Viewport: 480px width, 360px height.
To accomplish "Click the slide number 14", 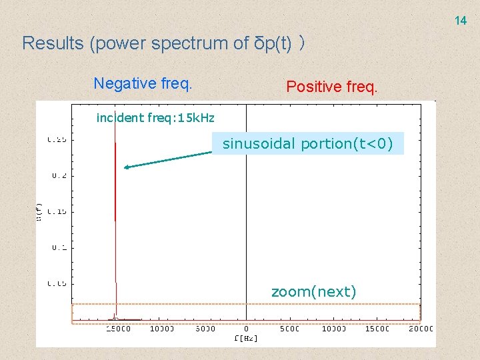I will [x=461, y=21].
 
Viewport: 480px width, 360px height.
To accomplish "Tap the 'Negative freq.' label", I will [x=143, y=83].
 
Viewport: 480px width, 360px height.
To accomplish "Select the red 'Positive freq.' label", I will [x=331, y=86].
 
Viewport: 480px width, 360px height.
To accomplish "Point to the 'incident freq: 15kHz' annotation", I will [x=155, y=118].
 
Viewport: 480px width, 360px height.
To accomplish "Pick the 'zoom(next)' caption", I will [x=313, y=291].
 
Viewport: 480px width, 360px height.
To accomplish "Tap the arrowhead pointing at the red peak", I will [x=127, y=167].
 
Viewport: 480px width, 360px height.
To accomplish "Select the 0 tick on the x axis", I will [x=246, y=329].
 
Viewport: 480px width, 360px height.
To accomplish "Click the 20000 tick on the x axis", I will [x=420, y=329].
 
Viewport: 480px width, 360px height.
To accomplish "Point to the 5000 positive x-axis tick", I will [x=289, y=329].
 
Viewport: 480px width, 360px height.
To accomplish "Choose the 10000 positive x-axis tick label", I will [x=333, y=329].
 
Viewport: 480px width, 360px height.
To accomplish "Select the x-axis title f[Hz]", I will [x=246, y=338].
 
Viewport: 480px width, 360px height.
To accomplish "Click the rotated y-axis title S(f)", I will [x=39, y=211].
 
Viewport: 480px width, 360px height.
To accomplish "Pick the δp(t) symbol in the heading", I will [x=274, y=43].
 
